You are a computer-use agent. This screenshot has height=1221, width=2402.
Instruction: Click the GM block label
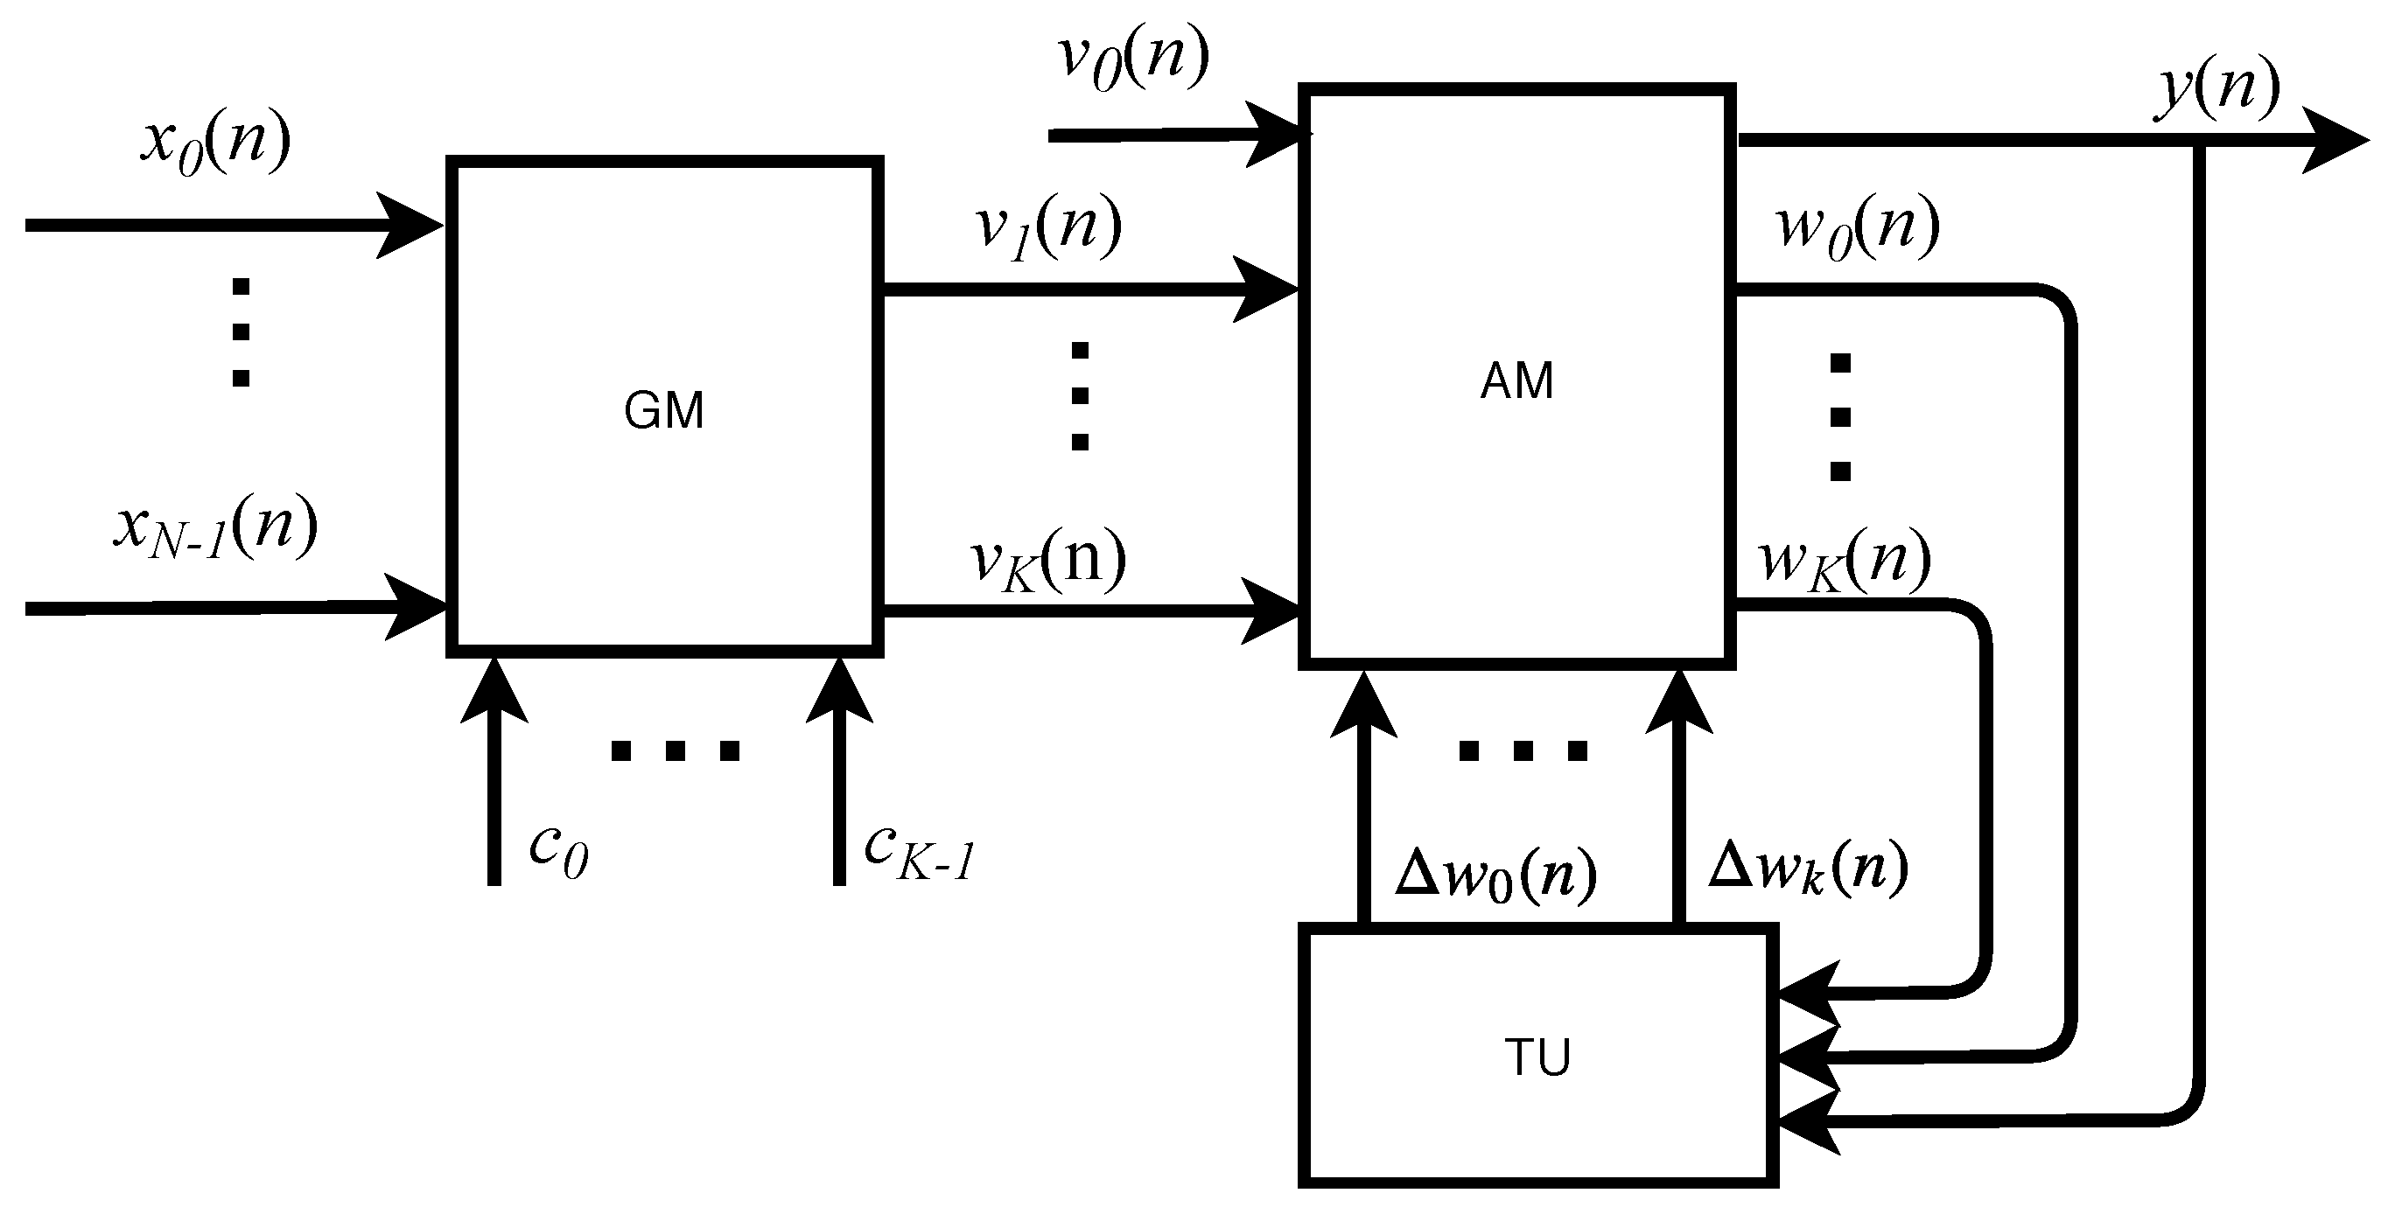(663, 411)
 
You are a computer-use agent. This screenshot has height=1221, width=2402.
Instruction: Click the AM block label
(1516, 381)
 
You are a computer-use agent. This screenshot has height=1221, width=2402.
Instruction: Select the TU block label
(1537, 1057)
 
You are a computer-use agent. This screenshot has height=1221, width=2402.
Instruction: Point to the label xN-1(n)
(215, 528)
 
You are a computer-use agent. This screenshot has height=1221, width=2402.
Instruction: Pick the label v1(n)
(1048, 228)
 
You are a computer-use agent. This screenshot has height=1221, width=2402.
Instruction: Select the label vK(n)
(1048, 562)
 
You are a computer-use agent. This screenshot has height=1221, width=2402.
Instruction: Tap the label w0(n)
(1859, 228)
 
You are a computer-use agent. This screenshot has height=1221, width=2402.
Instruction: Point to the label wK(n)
(1845, 562)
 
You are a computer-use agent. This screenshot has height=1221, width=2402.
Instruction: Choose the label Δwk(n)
(1808, 869)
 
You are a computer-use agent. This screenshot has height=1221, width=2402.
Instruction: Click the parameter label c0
(557, 850)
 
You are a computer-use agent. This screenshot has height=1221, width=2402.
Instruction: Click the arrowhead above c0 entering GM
(494, 690)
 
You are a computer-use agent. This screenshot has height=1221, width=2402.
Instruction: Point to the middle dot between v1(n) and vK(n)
(1080, 396)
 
